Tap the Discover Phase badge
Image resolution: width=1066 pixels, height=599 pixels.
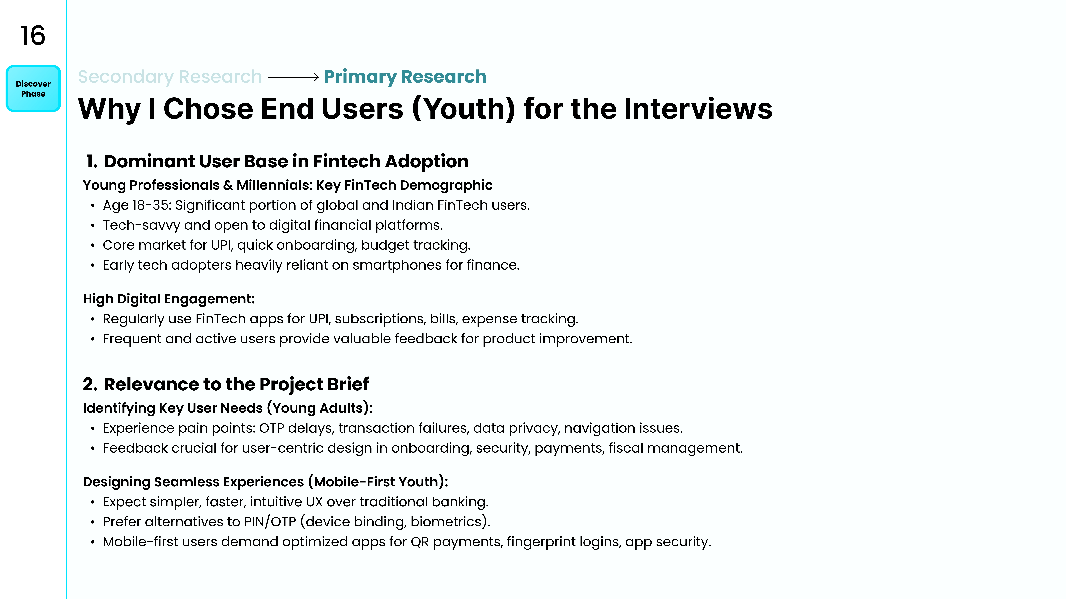pyautogui.click(x=33, y=88)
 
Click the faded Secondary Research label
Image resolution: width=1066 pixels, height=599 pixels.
pyautogui.click(x=170, y=77)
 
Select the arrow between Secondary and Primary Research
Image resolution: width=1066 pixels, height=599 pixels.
pyautogui.click(x=293, y=77)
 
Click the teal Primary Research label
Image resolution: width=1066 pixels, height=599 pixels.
pyautogui.click(x=405, y=77)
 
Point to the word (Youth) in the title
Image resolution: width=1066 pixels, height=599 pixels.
pyautogui.click(x=463, y=109)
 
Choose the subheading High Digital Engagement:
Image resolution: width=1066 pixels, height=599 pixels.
pyautogui.click(x=169, y=299)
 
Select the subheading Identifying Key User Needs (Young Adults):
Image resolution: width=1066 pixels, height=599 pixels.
pyautogui.click(x=228, y=408)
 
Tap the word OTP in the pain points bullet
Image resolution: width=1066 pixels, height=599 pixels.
pyautogui.click(x=271, y=428)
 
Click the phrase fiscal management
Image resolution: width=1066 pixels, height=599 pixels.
pyautogui.click(x=675, y=448)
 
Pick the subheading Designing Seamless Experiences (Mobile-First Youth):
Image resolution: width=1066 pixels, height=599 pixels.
pyautogui.click(x=265, y=482)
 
